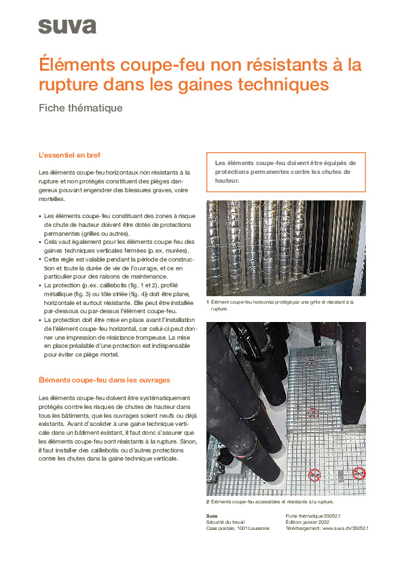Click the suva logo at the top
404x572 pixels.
(67, 26)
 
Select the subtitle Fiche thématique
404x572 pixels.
(80, 108)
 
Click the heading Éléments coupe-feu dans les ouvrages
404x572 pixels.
(104, 380)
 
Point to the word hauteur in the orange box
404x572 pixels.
(227, 181)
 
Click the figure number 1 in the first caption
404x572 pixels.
(208, 301)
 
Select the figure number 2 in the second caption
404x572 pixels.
(208, 502)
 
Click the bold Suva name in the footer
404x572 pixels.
(212, 516)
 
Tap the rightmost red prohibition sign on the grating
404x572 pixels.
(359, 473)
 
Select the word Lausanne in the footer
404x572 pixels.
(258, 528)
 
